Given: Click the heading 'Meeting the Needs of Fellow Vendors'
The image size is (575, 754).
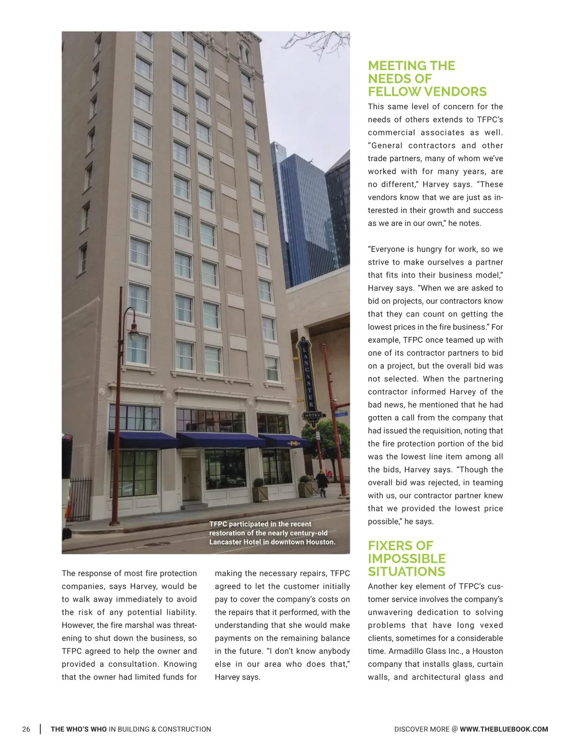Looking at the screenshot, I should (x=426, y=79).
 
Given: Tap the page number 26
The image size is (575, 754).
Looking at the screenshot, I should (x=26, y=729).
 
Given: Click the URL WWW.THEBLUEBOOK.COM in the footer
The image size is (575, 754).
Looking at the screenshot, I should (x=504, y=729).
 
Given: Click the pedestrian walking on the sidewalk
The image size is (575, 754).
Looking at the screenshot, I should (x=322, y=482).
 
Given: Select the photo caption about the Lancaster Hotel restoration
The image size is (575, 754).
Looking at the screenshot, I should (x=272, y=533).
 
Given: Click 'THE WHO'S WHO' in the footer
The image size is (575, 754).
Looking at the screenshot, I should (x=79, y=729).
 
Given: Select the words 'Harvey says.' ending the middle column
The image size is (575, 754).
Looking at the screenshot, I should (x=237, y=677).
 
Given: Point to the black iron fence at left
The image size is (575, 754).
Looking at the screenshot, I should (x=79, y=498).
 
